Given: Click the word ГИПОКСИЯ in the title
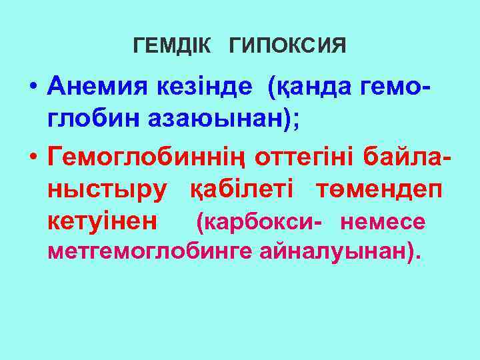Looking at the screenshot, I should pyautogui.click(x=287, y=46).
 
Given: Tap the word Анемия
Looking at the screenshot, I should pyautogui.click(x=102, y=87).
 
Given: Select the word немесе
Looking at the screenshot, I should pyautogui.click(x=382, y=221).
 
